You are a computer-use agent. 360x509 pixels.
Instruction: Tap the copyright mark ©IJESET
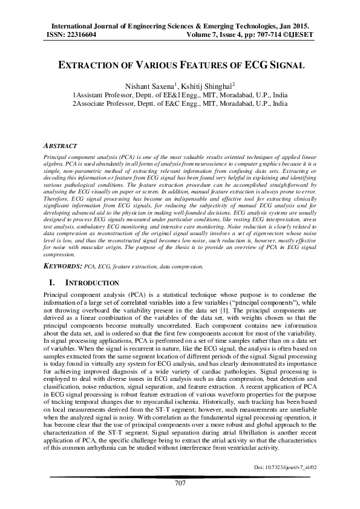pyautogui.click(x=298, y=35)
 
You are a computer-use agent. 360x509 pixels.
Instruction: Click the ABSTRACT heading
pyautogui.click(x=61, y=146)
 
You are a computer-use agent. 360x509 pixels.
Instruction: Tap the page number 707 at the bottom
pyautogui.click(x=180, y=482)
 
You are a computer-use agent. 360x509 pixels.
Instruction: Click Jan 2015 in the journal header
pyautogui.click(x=295, y=27)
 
